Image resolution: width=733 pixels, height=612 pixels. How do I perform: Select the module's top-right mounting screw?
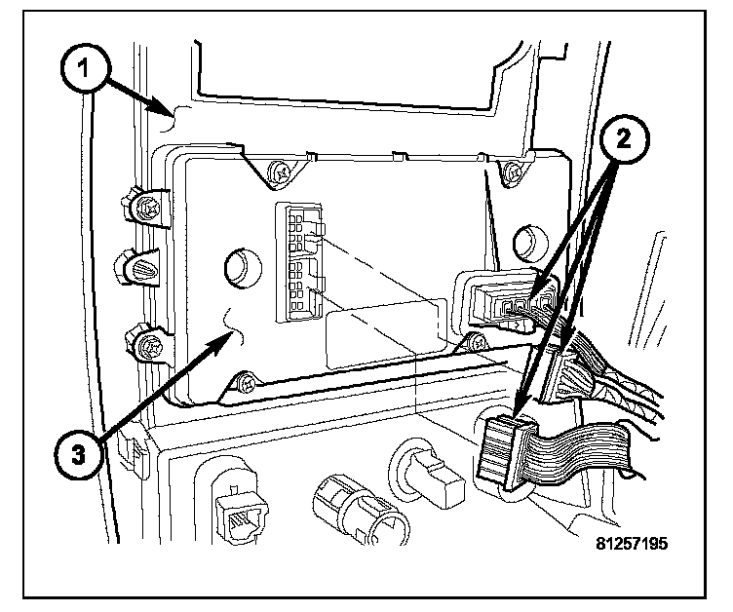(511, 173)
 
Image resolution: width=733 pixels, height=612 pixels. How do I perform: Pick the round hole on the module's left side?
(238, 264)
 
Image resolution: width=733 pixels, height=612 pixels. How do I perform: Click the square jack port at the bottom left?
(236, 507)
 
